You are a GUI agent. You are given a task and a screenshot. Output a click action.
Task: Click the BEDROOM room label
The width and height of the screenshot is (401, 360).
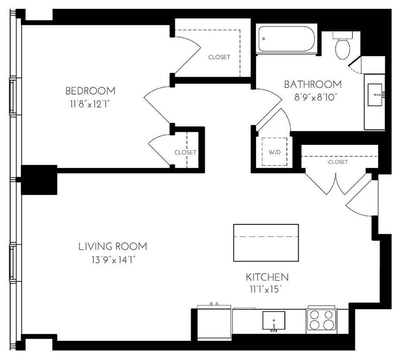pyautogui.click(x=90, y=91)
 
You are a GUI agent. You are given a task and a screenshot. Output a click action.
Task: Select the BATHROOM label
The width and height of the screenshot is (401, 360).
pyautogui.click(x=313, y=84)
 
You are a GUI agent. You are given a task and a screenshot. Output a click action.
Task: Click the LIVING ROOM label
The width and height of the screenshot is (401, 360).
pyautogui.click(x=113, y=247)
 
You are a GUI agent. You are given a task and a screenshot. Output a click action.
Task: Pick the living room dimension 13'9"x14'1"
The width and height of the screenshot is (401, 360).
pyautogui.click(x=113, y=259)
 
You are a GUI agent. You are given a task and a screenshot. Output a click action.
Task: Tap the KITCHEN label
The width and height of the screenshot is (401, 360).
pyautogui.click(x=266, y=277)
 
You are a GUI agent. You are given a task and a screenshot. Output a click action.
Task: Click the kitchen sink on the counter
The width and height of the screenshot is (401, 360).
pyautogui.click(x=273, y=320)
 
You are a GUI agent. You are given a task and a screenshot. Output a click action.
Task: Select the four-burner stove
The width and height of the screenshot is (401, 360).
pyautogui.click(x=321, y=319)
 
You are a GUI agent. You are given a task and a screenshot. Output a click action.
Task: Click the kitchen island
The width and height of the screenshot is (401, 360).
pyautogui.click(x=266, y=242)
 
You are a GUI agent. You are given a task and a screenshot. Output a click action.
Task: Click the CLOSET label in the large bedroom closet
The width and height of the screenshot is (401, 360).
pyautogui.click(x=219, y=57)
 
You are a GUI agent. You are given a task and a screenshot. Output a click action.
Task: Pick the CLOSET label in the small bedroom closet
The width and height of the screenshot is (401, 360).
pyautogui.click(x=185, y=152)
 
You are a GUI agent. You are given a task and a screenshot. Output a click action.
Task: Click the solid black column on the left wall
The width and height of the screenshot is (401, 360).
pyautogui.click(x=39, y=180)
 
